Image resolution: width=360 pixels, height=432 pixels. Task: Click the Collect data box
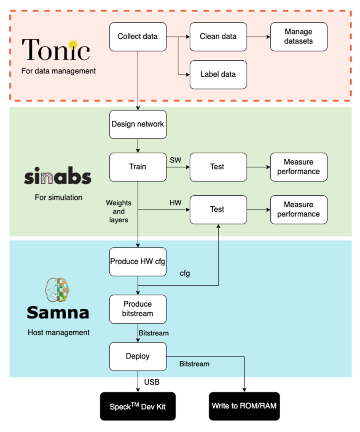138,37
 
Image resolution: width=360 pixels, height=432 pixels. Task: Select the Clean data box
218,37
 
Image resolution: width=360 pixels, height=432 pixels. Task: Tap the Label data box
218,75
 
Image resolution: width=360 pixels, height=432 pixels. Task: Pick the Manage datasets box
298,37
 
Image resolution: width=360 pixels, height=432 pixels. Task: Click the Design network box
138,124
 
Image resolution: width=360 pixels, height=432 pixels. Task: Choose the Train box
138,167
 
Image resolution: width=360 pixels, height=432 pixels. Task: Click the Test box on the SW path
218,167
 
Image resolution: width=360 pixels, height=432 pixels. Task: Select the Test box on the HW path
218,210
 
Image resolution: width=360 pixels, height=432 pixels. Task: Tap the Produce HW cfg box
138,262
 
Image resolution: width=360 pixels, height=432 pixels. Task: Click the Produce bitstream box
138,309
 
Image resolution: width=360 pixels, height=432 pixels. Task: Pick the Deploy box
138,356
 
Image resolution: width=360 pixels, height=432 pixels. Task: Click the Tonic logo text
56,49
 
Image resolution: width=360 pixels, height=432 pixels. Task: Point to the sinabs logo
57,176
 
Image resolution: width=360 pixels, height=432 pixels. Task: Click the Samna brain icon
57,291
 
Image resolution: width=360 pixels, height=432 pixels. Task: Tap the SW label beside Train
175,160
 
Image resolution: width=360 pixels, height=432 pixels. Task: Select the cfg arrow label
185,273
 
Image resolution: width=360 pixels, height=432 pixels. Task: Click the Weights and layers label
118,211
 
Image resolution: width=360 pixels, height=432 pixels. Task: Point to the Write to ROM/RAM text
244,406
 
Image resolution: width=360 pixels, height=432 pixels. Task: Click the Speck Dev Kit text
138,406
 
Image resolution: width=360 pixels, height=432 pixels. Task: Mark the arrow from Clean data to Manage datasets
258,37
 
